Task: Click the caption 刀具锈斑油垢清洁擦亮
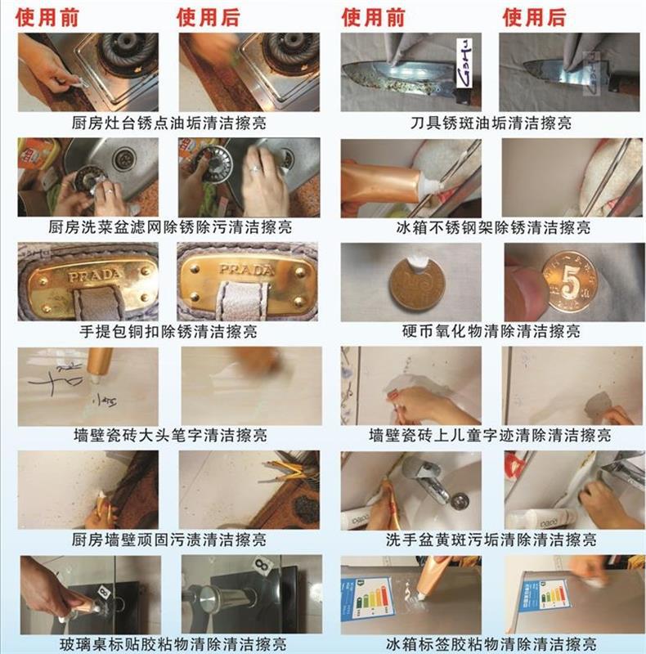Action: (x=491, y=123)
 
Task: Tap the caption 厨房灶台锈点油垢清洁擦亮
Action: (x=168, y=123)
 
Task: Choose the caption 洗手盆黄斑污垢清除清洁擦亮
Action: (x=491, y=540)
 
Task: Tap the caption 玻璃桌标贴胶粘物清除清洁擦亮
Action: (x=168, y=643)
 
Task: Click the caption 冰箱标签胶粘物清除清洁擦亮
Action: (x=491, y=643)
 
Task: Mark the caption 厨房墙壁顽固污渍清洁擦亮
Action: (x=168, y=540)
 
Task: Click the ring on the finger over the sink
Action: (x=256, y=169)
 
